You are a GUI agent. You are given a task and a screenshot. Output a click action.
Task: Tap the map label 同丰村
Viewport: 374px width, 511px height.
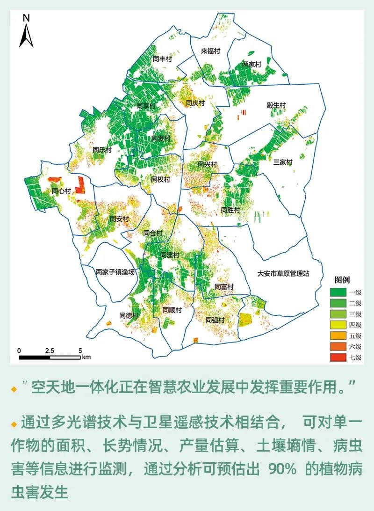click(162, 59)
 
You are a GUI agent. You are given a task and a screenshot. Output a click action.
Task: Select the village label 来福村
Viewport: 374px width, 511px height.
click(210, 51)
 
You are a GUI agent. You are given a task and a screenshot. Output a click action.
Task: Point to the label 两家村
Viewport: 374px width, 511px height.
click(251, 65)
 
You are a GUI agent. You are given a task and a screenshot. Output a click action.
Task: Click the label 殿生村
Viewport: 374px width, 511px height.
click(276, 106)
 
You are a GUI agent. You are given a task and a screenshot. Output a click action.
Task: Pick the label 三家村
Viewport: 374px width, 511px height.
click(282, 162)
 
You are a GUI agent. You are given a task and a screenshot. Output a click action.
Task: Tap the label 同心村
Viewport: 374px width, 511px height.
click(61, 191)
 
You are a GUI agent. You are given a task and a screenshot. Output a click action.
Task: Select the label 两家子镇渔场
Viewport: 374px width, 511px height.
click(115, 271)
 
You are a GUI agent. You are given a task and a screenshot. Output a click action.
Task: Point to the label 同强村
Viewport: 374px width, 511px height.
click(215, 320)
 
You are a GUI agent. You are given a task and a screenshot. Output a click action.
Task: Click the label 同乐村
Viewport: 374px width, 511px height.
click(102, 150)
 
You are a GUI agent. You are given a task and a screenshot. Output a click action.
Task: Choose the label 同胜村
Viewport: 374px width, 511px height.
click(230, 210)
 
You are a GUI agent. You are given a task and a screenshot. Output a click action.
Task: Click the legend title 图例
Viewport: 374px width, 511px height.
click(342, 280)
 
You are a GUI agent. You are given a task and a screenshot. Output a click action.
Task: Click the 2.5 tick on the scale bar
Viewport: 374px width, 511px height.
click(50, 350)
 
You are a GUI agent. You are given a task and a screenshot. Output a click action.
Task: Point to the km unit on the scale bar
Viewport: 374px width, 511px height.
click(86, 357)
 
